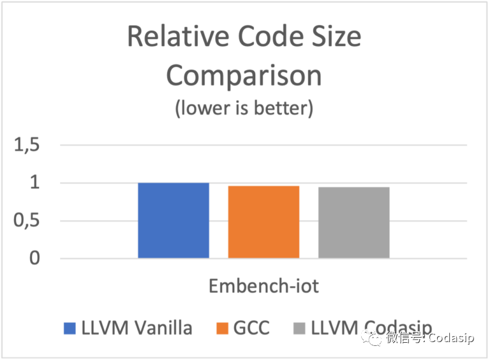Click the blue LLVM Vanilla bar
click(x=174, y=220)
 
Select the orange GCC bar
click(x=264, y=221)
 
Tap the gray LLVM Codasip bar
click(x=353, y=222)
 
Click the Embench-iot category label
click(x=264, y=285)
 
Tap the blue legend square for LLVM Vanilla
click(x=70, y=329)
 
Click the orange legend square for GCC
click(x=223, y=329)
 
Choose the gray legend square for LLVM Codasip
click(x=299, y=329)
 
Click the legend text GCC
click(x=251, y=328)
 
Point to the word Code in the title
click(x=260, y=37)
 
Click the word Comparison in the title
click(x=244, y=76)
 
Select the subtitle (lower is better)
click(x=244, y=109)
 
